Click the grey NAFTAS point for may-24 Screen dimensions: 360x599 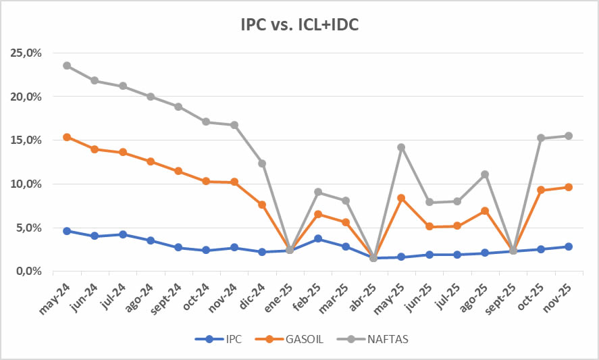[67, 66]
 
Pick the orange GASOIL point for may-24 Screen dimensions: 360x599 [67, 137]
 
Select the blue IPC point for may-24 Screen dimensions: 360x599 [67, 231]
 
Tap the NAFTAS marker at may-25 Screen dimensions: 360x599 [401, 147]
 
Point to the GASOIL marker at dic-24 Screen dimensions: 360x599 [262, 205]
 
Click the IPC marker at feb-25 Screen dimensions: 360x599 [317, 238]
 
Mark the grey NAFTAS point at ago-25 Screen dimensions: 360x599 [484, 174]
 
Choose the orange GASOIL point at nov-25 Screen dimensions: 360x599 [568, 187]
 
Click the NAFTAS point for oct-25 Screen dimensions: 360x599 [540, 138]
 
